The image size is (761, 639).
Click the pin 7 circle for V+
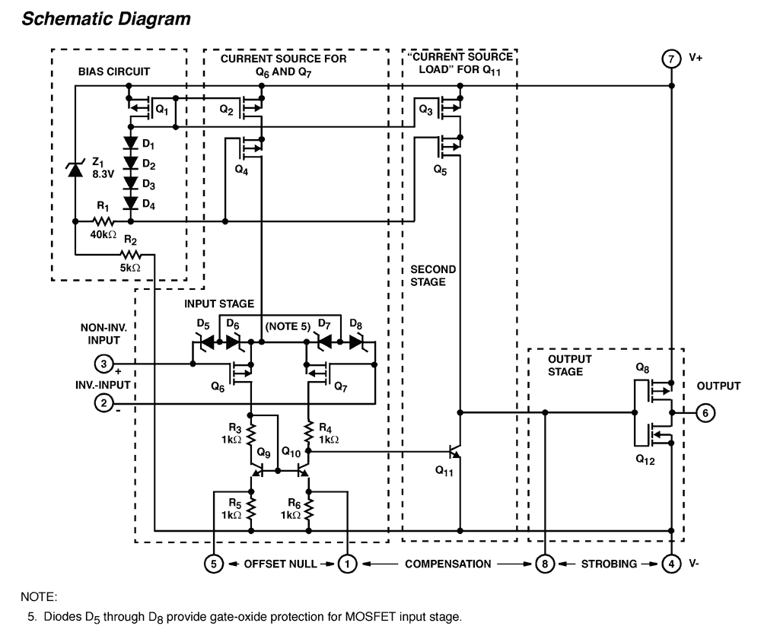click(x=670, y=59)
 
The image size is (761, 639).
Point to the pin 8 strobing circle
click(x=545, y=564)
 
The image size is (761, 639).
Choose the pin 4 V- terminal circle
click(x=670, y=564)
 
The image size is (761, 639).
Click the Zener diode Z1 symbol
click(x=75, y=169)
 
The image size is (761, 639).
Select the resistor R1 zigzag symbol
click(x=103, y=221)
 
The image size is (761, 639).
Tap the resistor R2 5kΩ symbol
click(x=131, y=254)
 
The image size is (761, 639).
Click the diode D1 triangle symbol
click(x=131, y=144)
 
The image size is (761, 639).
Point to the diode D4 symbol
click(x=131, y=202)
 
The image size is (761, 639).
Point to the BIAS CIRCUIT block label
click(x=113, y=72)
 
